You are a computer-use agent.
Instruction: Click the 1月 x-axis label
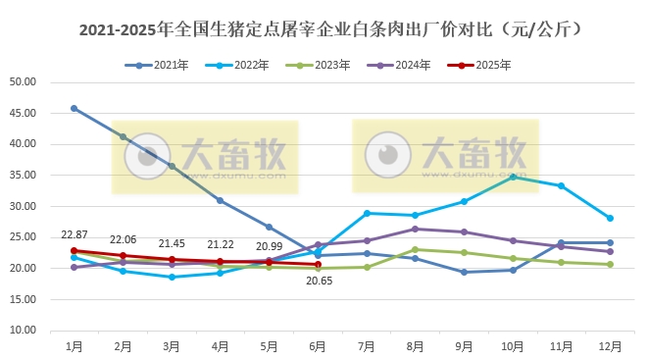pos(74,346)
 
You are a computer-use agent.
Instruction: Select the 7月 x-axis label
pos(367,346)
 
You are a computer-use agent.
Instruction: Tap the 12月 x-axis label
pos(611,346)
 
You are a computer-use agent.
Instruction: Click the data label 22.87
pos(75,234)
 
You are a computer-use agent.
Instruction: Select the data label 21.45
pos(172,243)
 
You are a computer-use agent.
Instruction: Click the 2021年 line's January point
pos(75,108)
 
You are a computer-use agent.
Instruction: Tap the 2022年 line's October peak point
pos(513,177)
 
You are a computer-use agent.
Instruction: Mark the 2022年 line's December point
pos(611,218)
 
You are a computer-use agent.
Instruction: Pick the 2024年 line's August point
pos(416,229)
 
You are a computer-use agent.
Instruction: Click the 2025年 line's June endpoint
pos(318,264)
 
